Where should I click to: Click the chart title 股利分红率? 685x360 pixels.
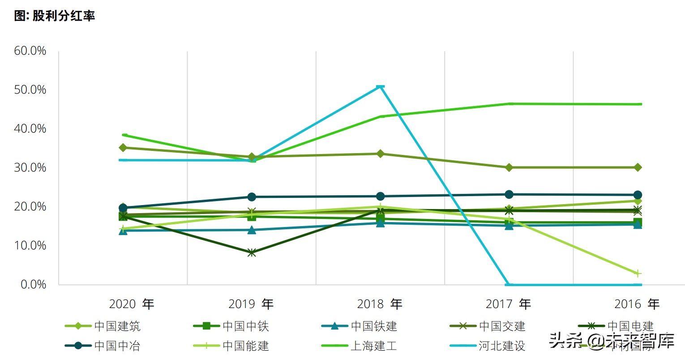54,16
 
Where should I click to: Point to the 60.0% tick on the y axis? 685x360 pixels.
30,51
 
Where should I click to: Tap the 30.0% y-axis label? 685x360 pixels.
30,168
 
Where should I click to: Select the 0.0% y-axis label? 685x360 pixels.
33,285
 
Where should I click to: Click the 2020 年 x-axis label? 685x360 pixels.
131,304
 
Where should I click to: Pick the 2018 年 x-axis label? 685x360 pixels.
379,304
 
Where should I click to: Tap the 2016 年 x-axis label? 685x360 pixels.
637,304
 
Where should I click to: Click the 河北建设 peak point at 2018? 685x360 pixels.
380,86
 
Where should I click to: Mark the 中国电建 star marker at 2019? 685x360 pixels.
252,253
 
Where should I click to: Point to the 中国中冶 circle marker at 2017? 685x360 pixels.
509,194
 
